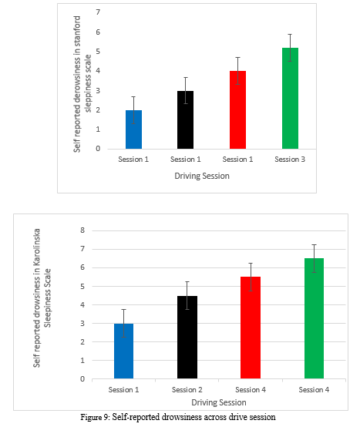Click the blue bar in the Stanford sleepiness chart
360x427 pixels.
click(133, 129)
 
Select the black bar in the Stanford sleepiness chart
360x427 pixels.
click(186, 119)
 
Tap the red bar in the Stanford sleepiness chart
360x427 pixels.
click(237, 109)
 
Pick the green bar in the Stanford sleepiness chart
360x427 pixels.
click(290, 99)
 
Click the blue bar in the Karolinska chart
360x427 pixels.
click(123, 351)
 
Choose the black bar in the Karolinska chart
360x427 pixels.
click(187, 337)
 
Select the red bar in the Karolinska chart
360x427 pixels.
click(251, 328)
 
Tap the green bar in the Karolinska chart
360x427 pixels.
click(314, 318)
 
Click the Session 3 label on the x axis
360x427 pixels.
click(290, 160)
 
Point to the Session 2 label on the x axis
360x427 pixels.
click(187, 390)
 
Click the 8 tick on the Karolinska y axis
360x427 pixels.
click(82, 230)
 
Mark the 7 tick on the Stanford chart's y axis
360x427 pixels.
click(98, 12)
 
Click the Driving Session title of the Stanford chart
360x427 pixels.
click(202, 176)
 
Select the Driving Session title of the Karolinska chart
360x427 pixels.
click(219, 402)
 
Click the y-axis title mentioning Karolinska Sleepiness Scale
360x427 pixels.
click(42, 298)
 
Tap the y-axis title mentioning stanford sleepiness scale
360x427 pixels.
click(82, 84)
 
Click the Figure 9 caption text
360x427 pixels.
click(178, 417)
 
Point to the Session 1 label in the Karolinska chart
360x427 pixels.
click(123, 390)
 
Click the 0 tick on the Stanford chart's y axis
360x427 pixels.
click(98, 149)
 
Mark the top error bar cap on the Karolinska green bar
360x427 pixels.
click(314, 244)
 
